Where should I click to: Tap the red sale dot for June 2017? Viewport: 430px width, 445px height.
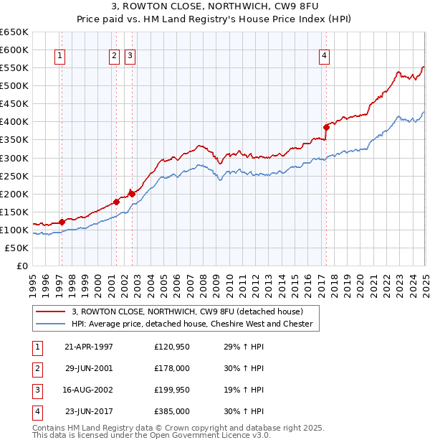326,127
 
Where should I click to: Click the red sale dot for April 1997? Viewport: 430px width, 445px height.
62,222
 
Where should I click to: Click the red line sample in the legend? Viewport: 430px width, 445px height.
50,311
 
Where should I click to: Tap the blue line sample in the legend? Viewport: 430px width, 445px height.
50,324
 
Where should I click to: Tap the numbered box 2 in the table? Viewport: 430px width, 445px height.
37,368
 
